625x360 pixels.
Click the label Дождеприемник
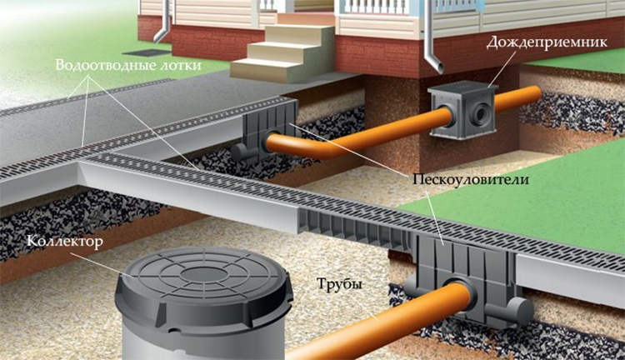click(547, 42)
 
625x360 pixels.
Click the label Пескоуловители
click(470, 179)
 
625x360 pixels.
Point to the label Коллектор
click(64, 242)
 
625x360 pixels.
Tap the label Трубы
click(339, 284)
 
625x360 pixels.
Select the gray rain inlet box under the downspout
click(462, 111)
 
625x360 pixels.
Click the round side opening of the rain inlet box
click(479, 112)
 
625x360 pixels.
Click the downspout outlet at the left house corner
click(159, 35)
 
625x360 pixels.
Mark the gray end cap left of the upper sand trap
click(240, 152)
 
